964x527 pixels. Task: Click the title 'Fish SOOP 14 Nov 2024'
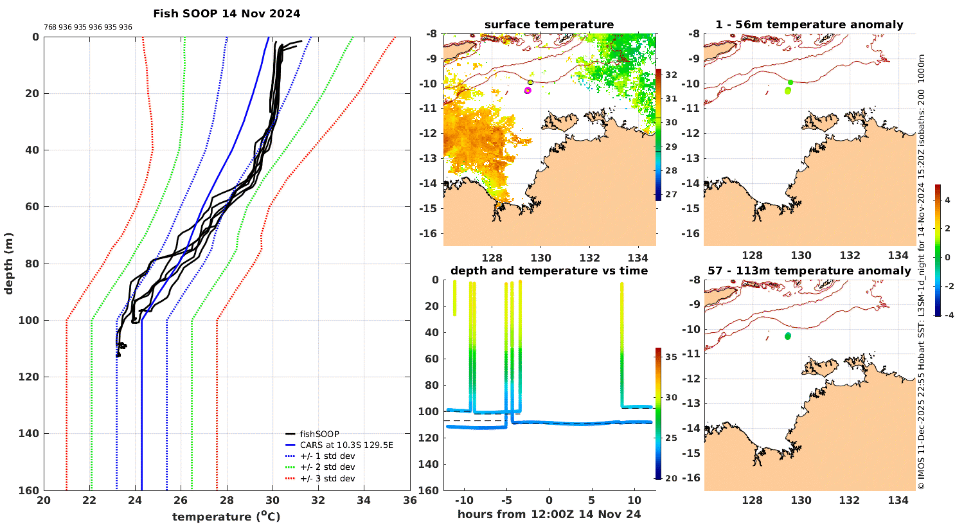click(x=226, y=13)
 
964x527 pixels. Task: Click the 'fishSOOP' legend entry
click(x=319, y=434)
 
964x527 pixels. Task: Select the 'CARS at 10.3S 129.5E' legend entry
click(x=346, y=445)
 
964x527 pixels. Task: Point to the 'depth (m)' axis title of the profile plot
click(x=9, y=263)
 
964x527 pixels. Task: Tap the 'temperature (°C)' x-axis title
click(x=226, y=516)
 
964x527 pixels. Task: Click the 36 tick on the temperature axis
click(x=409, y=501)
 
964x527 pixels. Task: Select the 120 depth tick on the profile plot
click(x=31, y=377)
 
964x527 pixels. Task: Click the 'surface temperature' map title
click(x=549, y=24)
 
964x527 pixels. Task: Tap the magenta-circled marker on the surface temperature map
click(x=528, y=91)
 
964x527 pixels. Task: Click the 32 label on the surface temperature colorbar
click(x=670, y=75)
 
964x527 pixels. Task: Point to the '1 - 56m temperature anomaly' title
click(x=809, y=24)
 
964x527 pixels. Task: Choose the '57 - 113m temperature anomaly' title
click(x=809, y=271)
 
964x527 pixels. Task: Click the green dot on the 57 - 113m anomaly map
click(x=788, y=336)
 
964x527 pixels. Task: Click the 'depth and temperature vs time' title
click(x=549, y=271)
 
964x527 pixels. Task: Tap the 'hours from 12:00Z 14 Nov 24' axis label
click(x=549, y=514)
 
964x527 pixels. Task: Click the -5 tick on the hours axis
click(x=505, y=500)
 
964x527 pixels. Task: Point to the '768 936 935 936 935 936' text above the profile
click(x=88, y=27)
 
